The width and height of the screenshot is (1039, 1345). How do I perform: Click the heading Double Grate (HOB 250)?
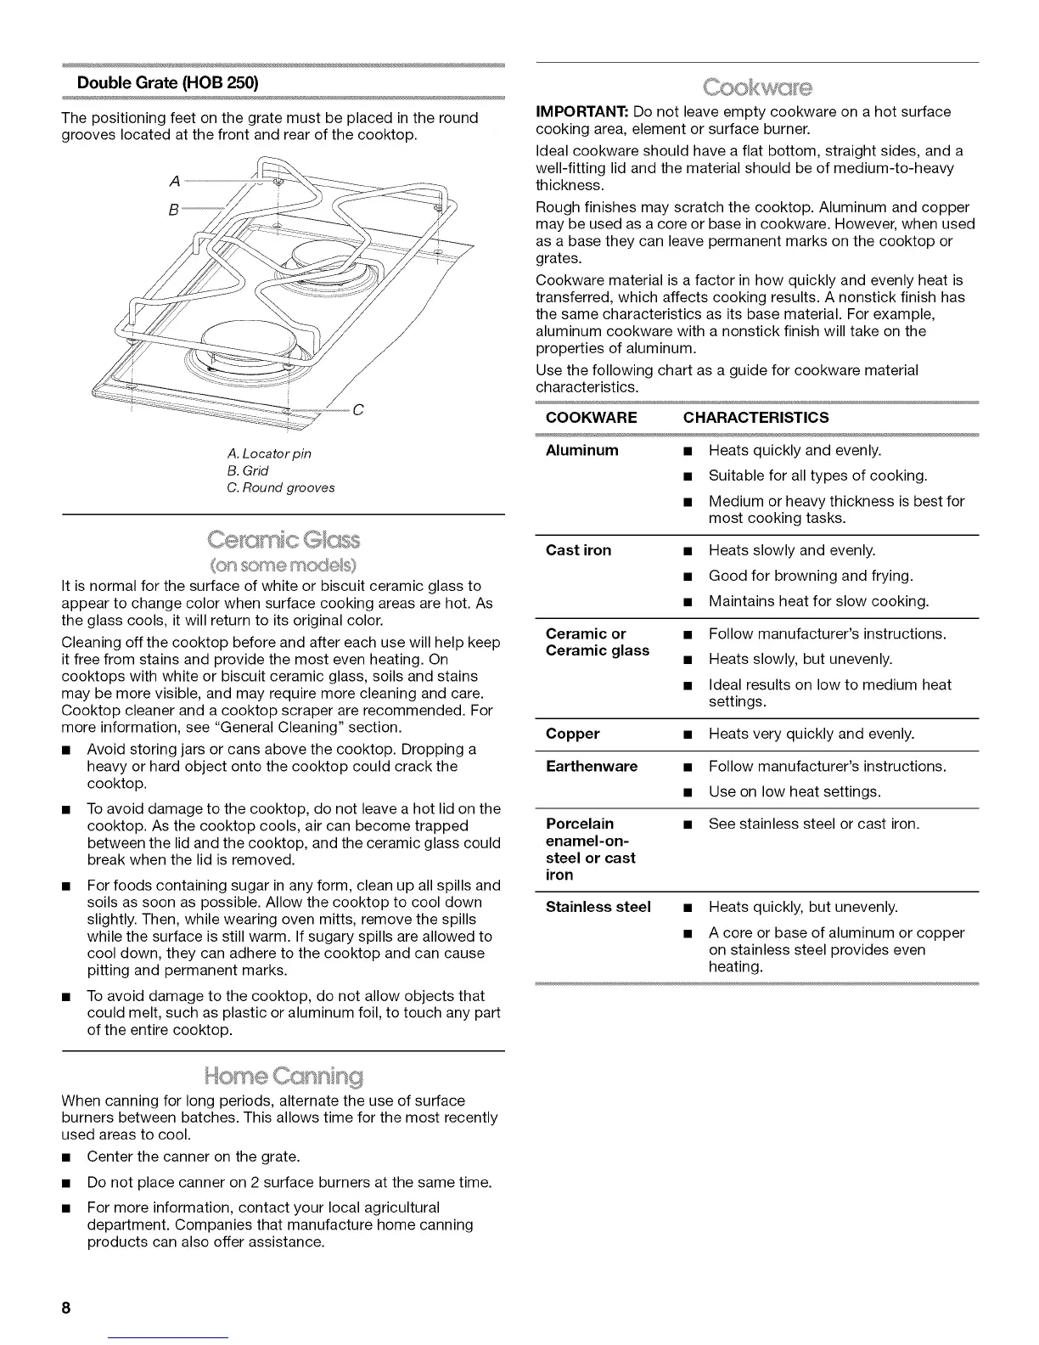pos(167,83)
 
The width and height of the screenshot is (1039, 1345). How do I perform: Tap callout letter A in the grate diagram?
pos(175,181)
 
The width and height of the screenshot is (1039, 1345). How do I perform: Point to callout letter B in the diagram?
pos(174,208)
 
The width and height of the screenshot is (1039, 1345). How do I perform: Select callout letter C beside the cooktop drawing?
pos(358,410)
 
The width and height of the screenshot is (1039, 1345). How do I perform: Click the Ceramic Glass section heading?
pos(283,540)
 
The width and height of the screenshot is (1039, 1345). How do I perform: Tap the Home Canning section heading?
pos(283,1077)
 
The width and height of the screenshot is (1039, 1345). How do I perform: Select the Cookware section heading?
pos(757,87)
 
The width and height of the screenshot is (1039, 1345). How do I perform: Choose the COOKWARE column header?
pos(591,417)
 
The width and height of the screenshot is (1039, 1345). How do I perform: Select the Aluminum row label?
pos(581,450)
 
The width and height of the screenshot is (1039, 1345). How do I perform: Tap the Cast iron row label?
pos(578,550)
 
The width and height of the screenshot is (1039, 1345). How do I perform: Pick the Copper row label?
pos(572,734)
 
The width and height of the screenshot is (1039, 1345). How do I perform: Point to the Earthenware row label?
pos(591,767)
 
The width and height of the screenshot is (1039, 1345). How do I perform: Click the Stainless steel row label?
pos(598,907)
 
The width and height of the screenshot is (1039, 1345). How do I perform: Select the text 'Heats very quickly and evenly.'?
pos(811,734)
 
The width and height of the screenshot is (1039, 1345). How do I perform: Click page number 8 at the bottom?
pos(65,1308)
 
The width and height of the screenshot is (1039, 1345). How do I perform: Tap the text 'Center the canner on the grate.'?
pos(194,1156)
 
